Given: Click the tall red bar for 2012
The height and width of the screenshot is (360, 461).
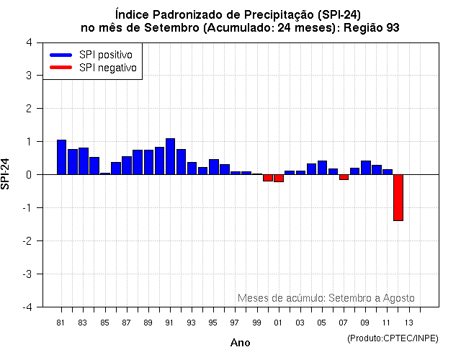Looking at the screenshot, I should tap(398, 197).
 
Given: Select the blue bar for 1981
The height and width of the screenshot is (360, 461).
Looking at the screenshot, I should tap(61, 157).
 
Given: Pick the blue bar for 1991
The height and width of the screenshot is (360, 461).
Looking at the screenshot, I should tap(170, 156).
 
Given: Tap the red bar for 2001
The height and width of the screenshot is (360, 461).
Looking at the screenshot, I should tap(279, 178).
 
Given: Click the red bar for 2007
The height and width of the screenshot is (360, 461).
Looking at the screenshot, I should tap(344, 177).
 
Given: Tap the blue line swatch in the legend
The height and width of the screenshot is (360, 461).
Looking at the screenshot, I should tap(61, 55).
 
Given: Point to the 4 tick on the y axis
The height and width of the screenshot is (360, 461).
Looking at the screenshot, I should tap(28, 42).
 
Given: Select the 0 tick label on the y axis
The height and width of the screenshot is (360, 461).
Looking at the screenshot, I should tap(28, 175).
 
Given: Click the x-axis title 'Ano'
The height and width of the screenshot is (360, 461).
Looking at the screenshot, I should tap(240, 343).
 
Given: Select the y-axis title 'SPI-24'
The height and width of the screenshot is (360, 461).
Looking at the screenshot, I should tap(6, 174).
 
